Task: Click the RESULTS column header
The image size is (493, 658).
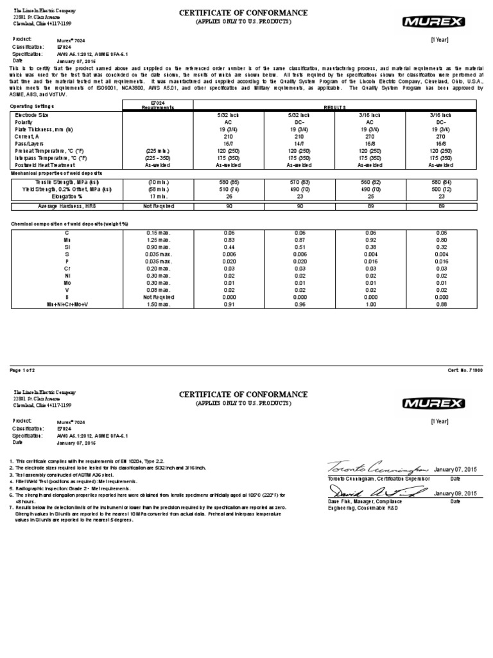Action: tap(334, 108)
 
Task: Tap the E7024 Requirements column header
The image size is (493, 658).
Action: tap(157, 105)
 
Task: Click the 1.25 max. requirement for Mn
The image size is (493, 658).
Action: tap(157, 238)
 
